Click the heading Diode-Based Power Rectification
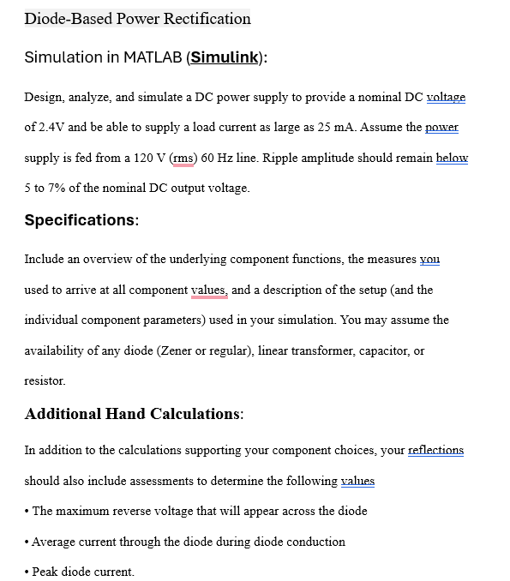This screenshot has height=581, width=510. point(137,18)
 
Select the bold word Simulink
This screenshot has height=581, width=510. point(225,57)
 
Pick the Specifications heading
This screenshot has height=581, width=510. point(81,219)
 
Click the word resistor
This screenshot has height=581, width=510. point(45,380)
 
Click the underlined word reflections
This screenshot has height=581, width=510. point(435,450)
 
